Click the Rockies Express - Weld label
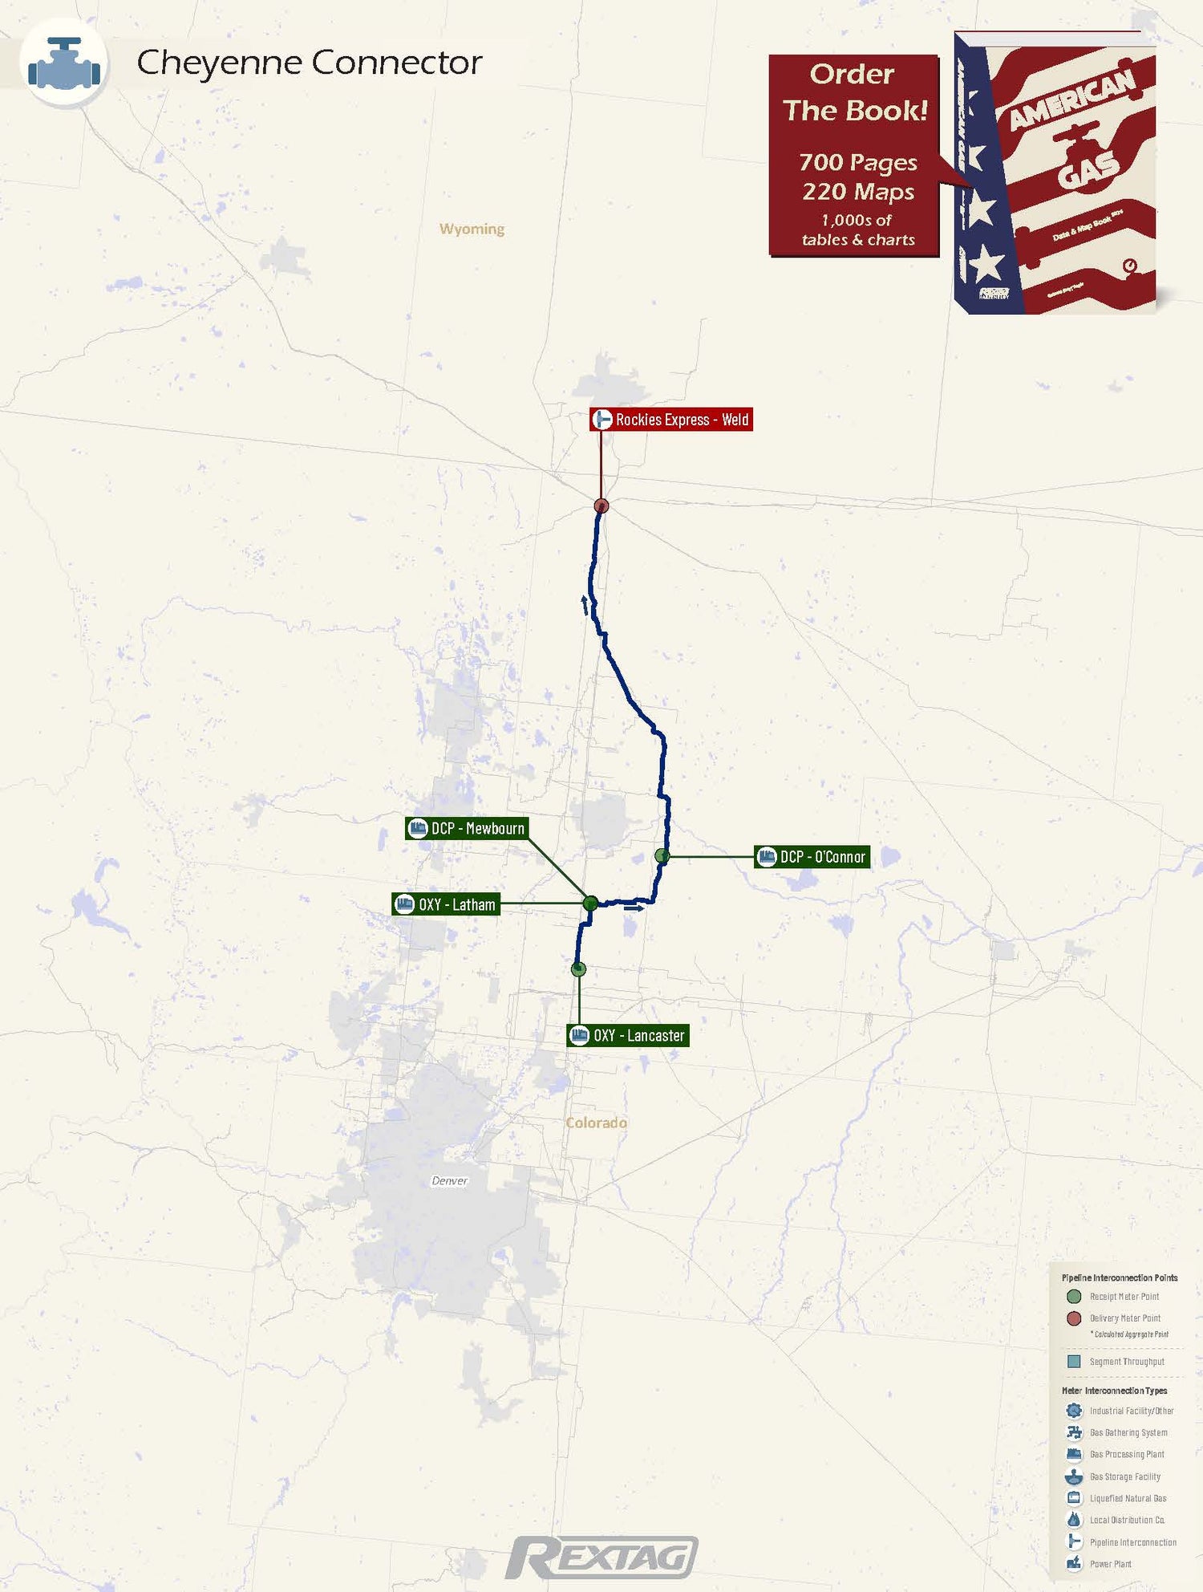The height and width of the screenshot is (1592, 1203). click(x=671, y=420)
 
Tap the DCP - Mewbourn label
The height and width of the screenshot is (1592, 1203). click(x=467, y=828)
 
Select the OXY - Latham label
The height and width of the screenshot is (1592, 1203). click(x=446, y=904)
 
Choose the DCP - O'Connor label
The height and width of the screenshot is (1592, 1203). click(x=812, y=857)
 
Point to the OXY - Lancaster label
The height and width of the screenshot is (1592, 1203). click(x=628, y=1036)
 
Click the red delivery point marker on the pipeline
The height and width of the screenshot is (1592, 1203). click(x=601, y=506)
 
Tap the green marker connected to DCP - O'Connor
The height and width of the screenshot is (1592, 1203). click(x=662, y=856)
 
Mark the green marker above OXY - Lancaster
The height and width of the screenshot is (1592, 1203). click(x=578, y=969)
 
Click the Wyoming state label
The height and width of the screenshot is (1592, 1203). click(x=472, y=229)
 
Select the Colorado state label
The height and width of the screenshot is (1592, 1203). click(x=596, y=1123)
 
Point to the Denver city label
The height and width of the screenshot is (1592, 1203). click(x=449, y=1180)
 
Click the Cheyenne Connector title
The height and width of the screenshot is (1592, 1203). click(x=309, y=63)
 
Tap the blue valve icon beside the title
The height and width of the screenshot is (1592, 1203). click(x=64, y=63)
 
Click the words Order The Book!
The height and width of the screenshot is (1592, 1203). click(x=853, y=92)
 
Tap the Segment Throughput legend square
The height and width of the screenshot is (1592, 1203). click(x=1074, y=1362)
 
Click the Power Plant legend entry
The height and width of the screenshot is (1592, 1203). click(x=1110, y=1564)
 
